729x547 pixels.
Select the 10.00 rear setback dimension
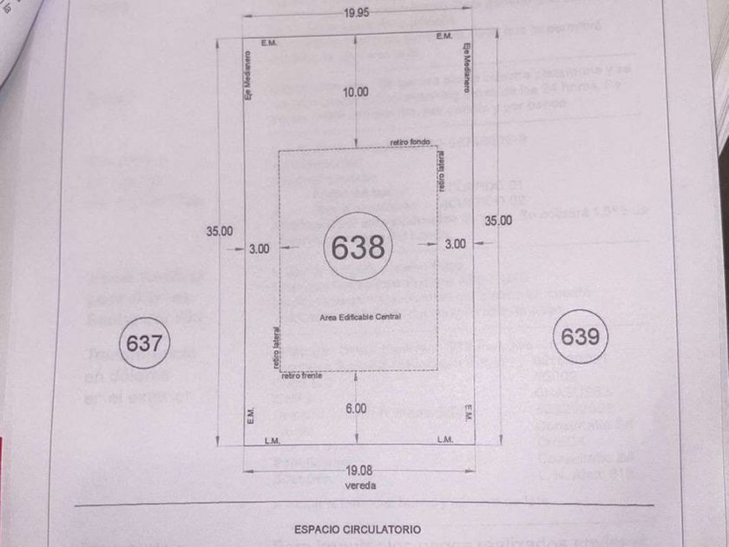(357, 92)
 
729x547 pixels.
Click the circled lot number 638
(358, 247)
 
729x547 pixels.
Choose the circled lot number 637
(144, 343)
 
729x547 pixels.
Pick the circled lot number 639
(580, 336)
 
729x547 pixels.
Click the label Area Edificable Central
(360, 317)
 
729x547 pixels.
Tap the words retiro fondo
(410, 143)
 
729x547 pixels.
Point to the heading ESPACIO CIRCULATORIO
(358, 528)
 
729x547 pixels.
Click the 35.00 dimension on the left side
(220, 230)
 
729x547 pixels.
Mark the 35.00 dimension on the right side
(498, 221)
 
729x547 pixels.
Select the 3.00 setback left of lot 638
(259, 248)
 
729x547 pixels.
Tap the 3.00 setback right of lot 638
(455, 245)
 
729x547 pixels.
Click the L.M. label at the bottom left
(272, 440)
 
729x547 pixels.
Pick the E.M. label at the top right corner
(443, 36)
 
